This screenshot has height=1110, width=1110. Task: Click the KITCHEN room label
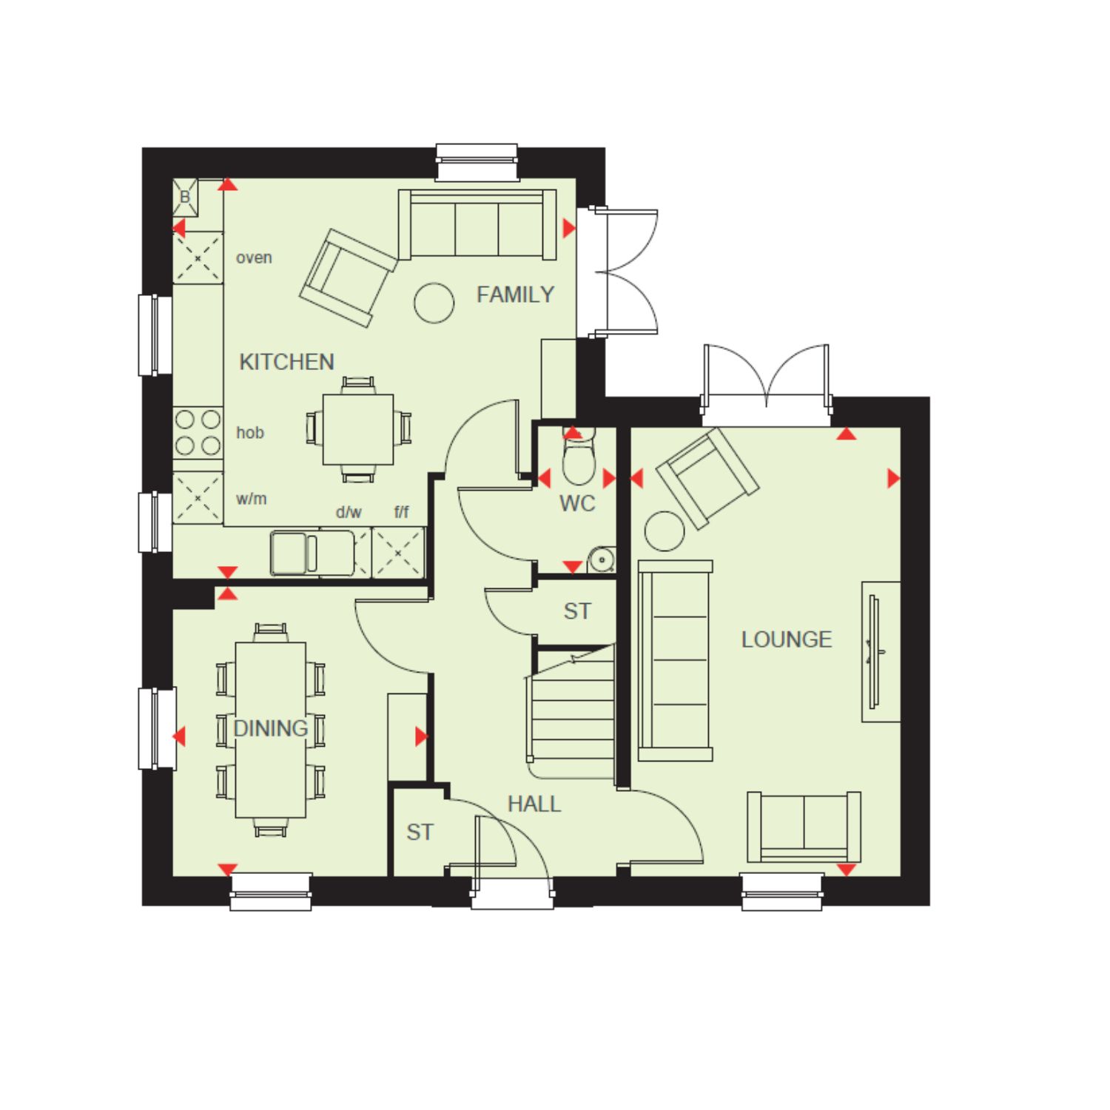[286, 362]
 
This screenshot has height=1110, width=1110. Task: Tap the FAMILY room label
[515, 295]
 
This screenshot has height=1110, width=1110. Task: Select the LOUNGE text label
[787, 639]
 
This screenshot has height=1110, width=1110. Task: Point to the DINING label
[271, 728]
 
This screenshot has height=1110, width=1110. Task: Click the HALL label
[534, 804]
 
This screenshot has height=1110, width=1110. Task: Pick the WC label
[577, 503]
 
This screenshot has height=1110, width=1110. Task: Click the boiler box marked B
[185, 197]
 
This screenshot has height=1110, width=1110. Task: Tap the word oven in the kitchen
[254, 258]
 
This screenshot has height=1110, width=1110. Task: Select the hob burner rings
[198, 432]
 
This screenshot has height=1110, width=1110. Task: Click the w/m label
[251, 499]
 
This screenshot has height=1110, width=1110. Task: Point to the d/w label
[349, 512]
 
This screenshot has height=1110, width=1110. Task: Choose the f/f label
[401, 512]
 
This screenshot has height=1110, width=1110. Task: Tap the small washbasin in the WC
[602, 560]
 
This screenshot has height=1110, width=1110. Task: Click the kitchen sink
[295, 553]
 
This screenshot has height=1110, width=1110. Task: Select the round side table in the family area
[434, 303]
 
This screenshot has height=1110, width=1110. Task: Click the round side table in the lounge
[665, 531]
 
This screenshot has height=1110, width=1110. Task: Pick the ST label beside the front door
[420, 832]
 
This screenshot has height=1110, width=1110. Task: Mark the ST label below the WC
[577, 611]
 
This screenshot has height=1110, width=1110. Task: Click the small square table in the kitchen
[358, 429]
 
